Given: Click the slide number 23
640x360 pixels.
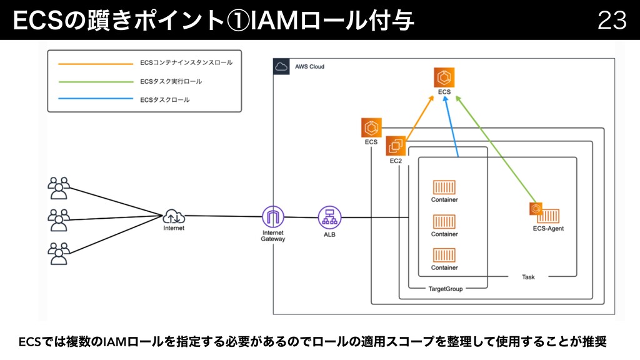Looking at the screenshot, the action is click(x=612, y=20).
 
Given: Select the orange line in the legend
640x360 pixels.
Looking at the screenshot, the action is click(x=96, y=64).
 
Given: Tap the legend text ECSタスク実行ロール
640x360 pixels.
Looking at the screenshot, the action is click(x=171, y=81).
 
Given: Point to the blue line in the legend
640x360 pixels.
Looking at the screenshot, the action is click(x=96, y=99).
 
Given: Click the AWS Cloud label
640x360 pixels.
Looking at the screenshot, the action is click(x=309, y=66).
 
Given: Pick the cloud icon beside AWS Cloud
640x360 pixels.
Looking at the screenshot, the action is click(x=281, y=66).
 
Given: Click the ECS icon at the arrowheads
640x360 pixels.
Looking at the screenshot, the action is click(x=444, y=77).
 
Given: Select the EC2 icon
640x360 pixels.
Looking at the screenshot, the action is click(x=396, y=146).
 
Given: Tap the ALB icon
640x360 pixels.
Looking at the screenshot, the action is click(x=329, y=217).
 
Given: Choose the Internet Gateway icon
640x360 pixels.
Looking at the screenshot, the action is click(x=272, y=217).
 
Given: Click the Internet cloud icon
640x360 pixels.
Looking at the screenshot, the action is click(x=174, y=216).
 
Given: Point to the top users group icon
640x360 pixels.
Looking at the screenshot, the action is click(x=59, y=188).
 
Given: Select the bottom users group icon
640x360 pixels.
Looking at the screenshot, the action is click(x=59, y=254).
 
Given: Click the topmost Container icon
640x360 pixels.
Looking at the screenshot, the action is click(x=444, y=187).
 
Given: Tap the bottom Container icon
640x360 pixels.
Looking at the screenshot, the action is click(x=444, y=255).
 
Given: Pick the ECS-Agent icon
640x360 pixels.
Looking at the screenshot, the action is click(x=544, y=213).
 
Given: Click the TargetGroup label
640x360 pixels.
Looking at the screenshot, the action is click(x=445, y=289).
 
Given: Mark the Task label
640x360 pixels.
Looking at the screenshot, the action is click(x=528, y=277).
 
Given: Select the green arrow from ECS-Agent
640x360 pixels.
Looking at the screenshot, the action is click(x=496, y=149).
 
